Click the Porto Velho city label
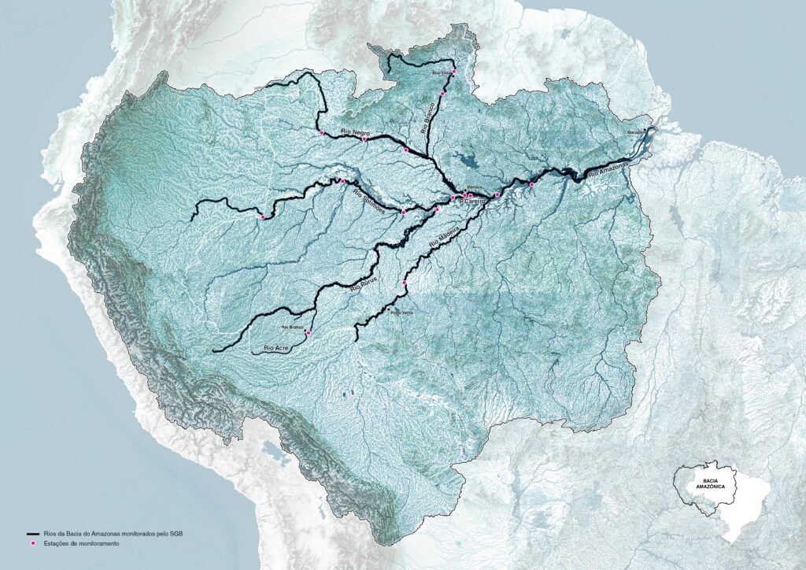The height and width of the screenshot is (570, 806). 401,313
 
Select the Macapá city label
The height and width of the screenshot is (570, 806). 636,131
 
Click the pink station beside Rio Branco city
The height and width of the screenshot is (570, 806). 308,333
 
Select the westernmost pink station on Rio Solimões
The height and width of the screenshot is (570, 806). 263,217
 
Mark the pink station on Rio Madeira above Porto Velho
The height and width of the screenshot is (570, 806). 405,283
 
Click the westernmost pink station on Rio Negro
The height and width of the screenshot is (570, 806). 322,133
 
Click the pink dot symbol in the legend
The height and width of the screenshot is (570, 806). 32,544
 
